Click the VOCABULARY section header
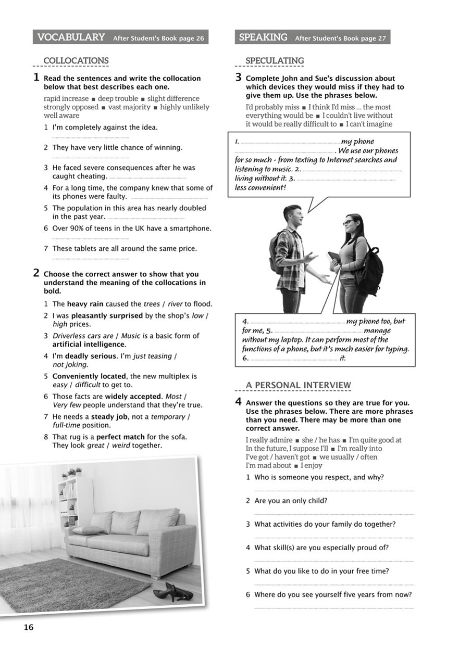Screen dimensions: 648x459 point(71,37)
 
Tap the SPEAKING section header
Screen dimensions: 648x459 point(263,37)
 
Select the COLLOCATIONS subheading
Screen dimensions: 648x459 point(76,61)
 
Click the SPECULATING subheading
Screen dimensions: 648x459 point(275,61)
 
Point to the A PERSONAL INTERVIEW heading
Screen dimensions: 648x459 point(299,385)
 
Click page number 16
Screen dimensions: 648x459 point(28,627)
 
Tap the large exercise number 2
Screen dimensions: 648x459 point(36,273)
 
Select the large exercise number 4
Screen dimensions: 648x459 point(238,401)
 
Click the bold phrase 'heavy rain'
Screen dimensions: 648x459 point(85,304)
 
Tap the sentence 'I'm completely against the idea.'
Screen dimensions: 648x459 point(105,127)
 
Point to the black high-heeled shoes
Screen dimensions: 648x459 point(172,592)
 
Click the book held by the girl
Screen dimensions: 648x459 point(333,257)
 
